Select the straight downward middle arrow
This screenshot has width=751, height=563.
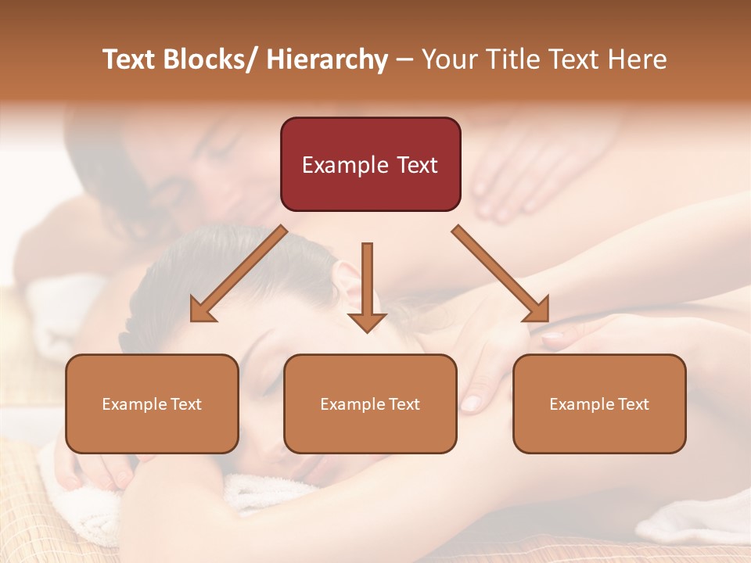pos(367,281)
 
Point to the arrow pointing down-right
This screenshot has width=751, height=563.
pos(501,273)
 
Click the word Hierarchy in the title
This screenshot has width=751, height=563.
pos(327,59)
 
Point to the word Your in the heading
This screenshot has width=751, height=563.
pos(447,59)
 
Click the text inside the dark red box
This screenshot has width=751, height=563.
pos(370,165)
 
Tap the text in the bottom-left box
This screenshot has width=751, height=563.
pos(152,404)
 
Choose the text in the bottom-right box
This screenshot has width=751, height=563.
pos(599,404)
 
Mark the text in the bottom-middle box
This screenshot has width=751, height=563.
pos(370,404)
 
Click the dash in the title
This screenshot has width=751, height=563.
pos(404,60)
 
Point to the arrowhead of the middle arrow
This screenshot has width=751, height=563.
pos(367,322)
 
